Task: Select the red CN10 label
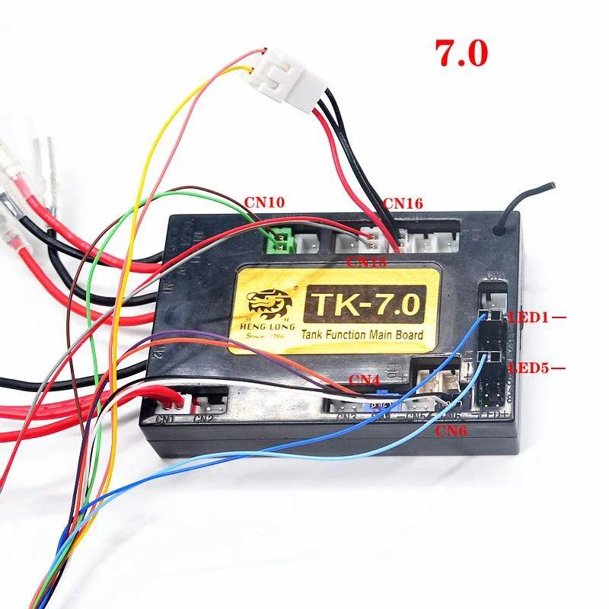[264, 203]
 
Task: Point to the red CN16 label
[403, 203]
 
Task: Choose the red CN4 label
[363, 378]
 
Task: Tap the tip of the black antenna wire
[553, 186]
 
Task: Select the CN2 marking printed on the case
[202, 418]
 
